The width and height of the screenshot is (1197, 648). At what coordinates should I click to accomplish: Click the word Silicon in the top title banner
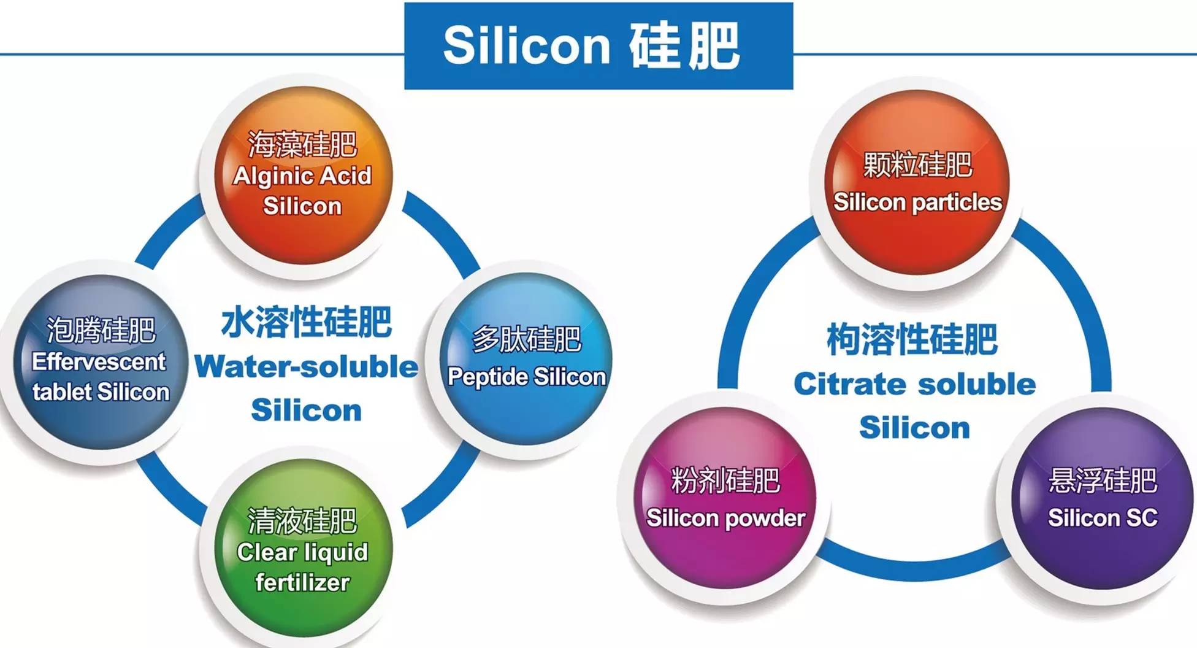(527, 45)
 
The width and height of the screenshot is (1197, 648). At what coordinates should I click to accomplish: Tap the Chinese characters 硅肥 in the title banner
(684, 46)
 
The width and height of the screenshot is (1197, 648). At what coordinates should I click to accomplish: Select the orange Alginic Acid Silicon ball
(302, 175)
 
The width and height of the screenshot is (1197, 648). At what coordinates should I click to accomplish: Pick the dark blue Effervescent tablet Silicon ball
(101, 362)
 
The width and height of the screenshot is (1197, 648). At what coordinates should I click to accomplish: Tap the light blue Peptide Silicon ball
(526, 359)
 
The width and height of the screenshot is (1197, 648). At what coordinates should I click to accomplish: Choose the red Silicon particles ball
(917, 182)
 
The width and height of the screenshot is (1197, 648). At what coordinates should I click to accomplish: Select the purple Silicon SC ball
(1103, 498)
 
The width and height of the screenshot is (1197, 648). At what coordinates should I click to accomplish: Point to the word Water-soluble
(306, 367)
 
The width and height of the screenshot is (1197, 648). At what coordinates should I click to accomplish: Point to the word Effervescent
(99, 361)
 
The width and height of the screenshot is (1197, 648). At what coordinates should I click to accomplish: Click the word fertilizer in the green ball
(302, 582)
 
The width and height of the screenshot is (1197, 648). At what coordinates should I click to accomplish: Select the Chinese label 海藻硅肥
(302, 145)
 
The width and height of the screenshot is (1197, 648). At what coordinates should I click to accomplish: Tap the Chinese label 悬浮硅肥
(1103, 480)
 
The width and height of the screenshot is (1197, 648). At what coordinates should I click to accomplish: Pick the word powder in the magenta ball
(766, 519)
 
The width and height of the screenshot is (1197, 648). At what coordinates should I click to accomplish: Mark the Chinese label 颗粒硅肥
(917, 164)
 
